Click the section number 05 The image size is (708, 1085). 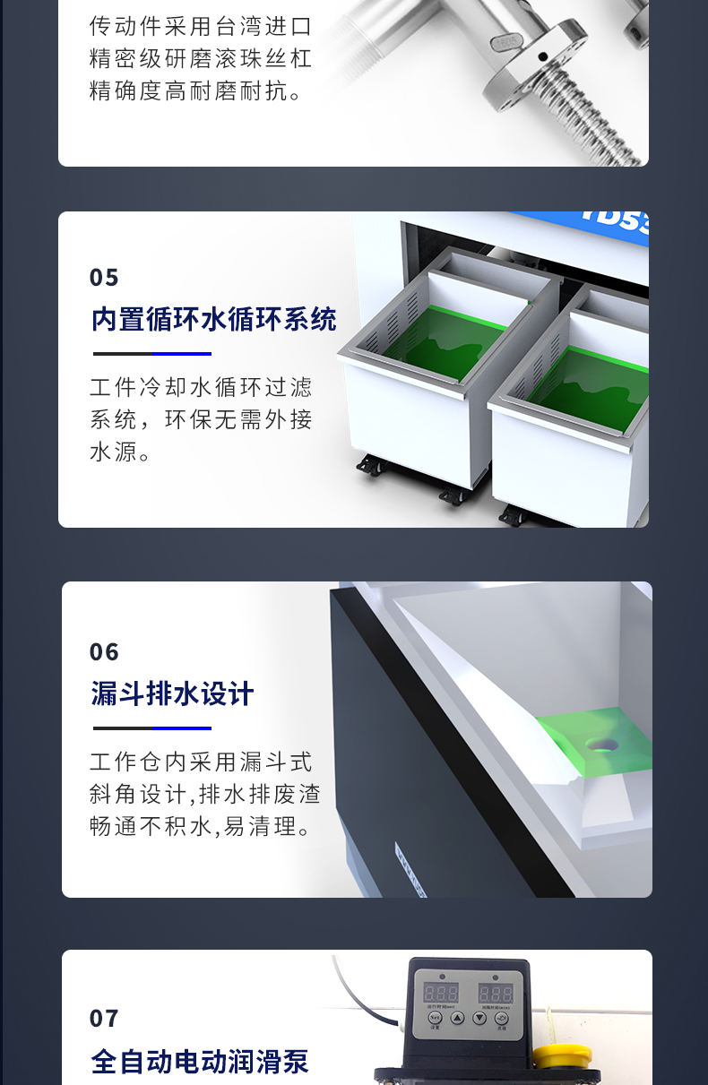tap(104, 278)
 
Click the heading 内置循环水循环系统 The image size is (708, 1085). tap(213, 319)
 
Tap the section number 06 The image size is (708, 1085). tap(104, 652)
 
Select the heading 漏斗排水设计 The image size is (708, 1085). tap(172, 693)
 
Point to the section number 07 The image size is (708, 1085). tap(104, 1019)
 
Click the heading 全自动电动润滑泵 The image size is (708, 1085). tap(199, 1062)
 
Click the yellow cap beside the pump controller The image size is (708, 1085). tap(561, 1055)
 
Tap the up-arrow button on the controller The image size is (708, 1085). tap(457, 1019)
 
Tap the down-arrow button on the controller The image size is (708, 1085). tap(479, 1019)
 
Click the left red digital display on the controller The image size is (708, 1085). tap(441, 993)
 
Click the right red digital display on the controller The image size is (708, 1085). tap(495, 993)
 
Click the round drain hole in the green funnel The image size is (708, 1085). tap(598, 744)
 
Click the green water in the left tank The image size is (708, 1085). tap(448, 340)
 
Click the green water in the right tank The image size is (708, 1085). tap(591, 385)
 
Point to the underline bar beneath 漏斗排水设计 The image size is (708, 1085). tap(151, 728)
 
